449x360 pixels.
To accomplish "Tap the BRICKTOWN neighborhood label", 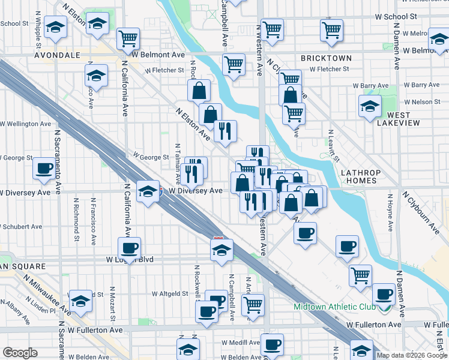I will (326, 58).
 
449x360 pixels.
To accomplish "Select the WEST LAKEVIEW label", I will (394, 119).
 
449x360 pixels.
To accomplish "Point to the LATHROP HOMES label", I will (361, 176).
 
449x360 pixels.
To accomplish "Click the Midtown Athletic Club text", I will (334, 307).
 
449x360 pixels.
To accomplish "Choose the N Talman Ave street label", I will (178, 163).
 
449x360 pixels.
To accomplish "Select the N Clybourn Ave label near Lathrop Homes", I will (421, 213).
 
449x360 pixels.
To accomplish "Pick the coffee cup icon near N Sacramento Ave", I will (44, 169).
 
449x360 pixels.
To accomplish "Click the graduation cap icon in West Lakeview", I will (370, 107).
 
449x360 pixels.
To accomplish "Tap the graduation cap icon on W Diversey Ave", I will (146, 191).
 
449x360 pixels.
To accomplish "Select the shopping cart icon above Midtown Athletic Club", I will (360, 275).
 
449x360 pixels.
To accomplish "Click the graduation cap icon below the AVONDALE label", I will (95, 76).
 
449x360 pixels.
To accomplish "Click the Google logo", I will (20, 353).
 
